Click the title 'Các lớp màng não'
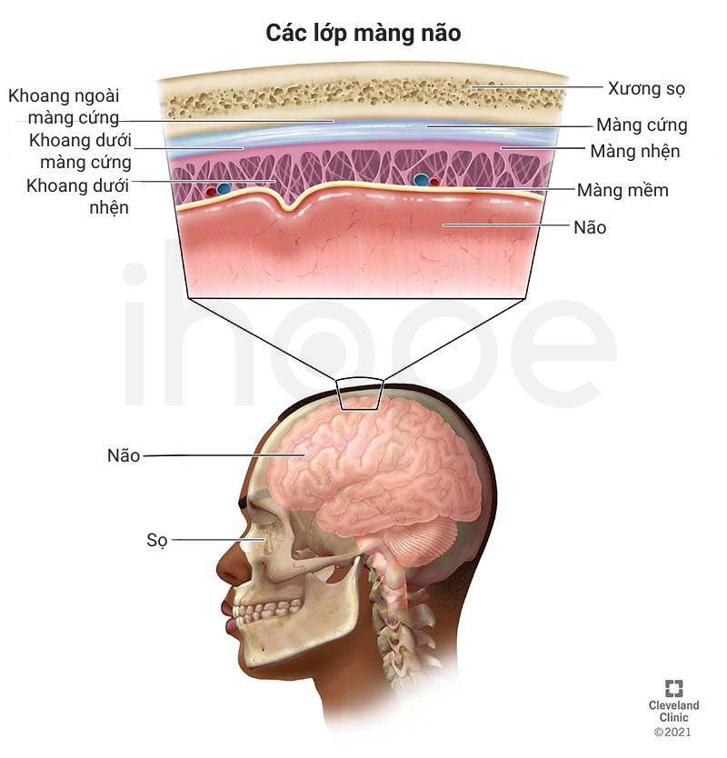(363, 34)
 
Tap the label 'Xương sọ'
(646, 89)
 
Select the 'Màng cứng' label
(642, 125)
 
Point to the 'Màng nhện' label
(635, 151)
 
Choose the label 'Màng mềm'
(622, 191)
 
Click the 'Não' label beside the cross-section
(590, 227)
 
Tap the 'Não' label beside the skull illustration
(124, 455)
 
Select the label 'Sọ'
(157, 540)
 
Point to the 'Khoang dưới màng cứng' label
(80, 151)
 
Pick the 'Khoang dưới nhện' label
(78, 196)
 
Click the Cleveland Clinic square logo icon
(673, 688)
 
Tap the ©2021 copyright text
(672, 732)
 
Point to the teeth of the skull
(267, 612)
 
